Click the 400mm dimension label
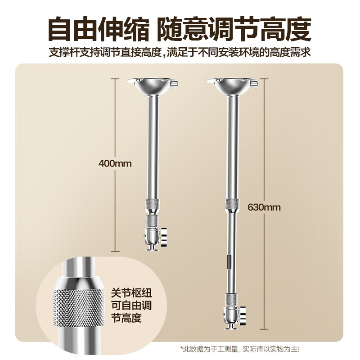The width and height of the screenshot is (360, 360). click(x=115, y=163)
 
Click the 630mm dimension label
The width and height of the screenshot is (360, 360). click(x=264, y=207)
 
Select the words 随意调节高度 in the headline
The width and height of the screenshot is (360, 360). click(x=234, y=29)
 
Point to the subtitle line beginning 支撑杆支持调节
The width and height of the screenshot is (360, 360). click(x=180, y=52)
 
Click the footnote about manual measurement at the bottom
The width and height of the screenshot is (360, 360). click(x=239, y=349)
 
